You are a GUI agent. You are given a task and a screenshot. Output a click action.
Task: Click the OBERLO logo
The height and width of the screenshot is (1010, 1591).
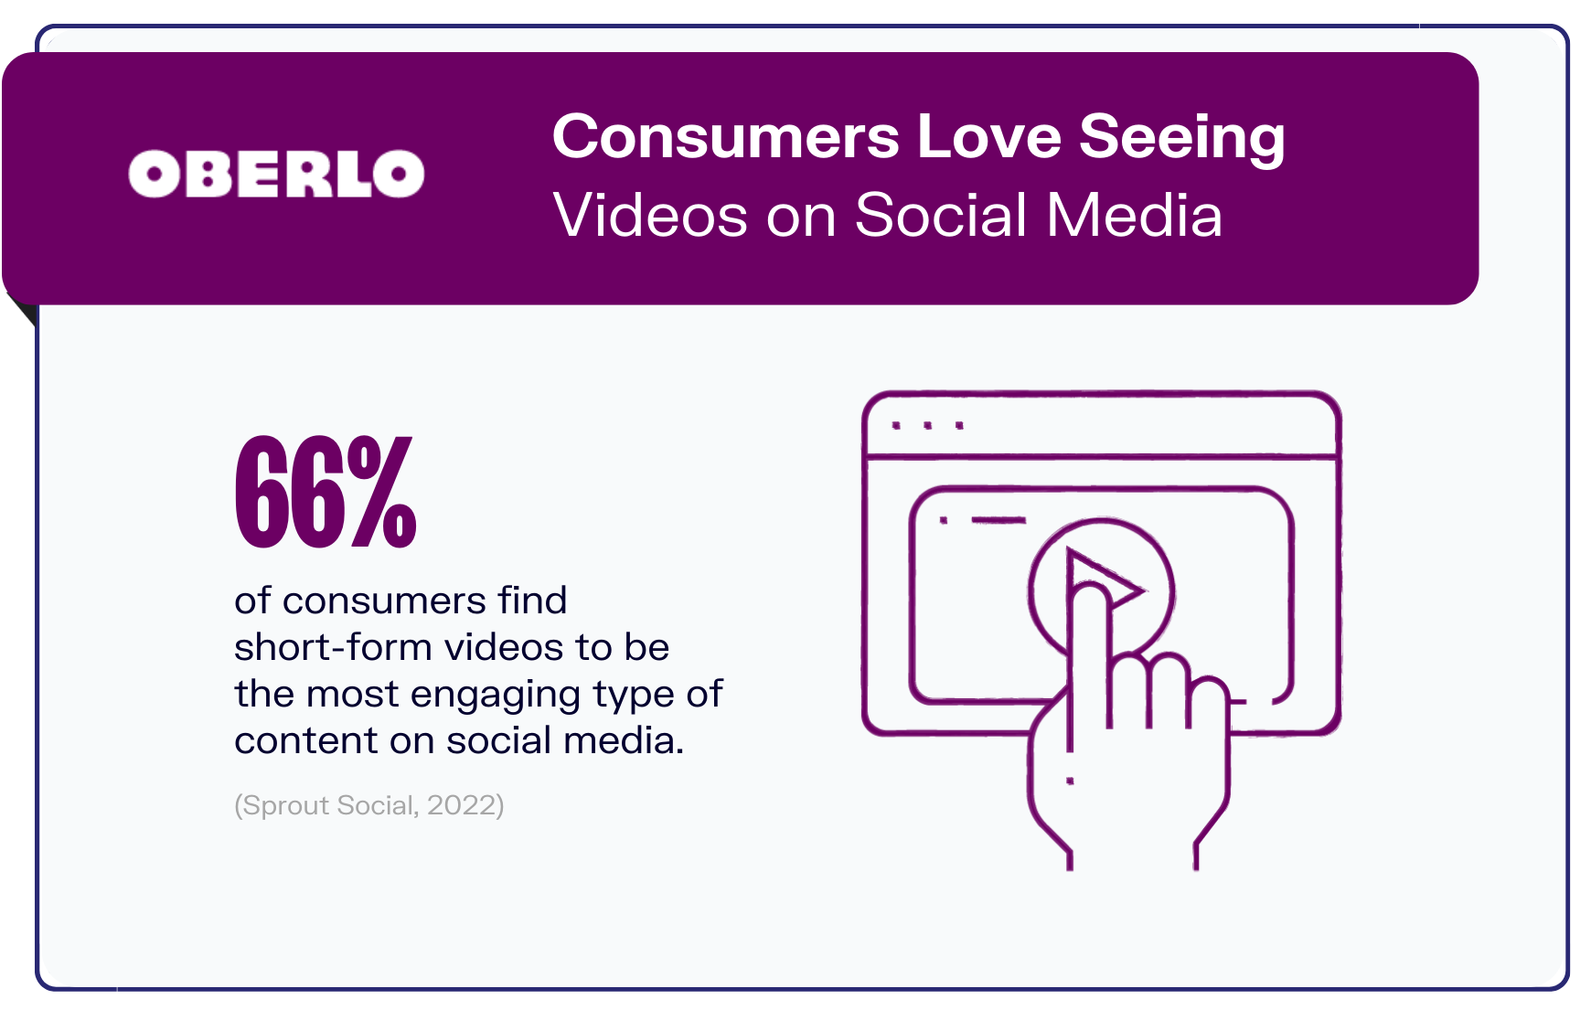[276, 174]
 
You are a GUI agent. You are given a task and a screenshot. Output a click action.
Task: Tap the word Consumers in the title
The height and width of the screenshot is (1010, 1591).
[726, 136]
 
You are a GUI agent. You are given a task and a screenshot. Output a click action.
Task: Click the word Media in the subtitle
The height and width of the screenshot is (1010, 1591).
[1134, 216]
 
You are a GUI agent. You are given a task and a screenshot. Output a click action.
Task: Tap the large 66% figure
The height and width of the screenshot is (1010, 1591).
[326, 492]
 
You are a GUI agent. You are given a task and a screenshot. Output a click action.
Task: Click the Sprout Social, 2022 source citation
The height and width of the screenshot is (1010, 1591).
[369, 805]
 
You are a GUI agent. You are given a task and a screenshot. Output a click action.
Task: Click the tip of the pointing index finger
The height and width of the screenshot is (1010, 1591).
[1088, 590]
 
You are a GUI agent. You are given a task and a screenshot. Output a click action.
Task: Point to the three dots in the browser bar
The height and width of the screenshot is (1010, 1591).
[928, 426]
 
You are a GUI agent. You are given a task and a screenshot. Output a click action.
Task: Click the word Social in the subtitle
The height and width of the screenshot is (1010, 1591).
[942, 216]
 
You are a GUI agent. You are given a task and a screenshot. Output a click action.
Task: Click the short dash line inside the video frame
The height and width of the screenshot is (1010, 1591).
[998, 520]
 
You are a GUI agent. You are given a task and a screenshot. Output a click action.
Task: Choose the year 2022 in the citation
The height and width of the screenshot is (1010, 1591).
[463, 805]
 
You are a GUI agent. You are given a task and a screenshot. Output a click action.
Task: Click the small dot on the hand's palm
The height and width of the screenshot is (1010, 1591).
[1070, 781]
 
